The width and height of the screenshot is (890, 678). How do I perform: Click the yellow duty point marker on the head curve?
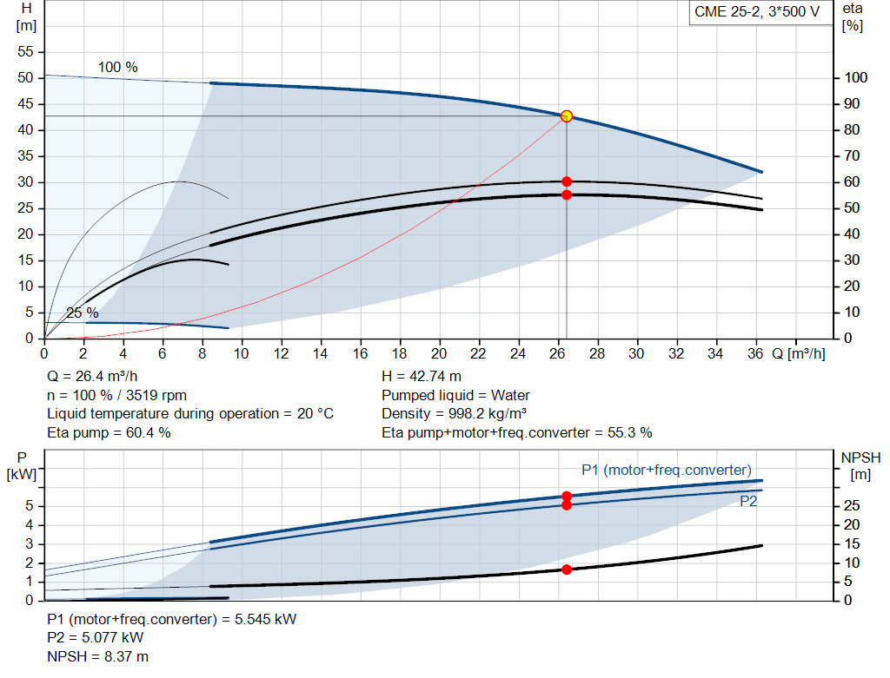[566, 116]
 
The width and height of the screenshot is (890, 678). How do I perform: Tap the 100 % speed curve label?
[117, 67]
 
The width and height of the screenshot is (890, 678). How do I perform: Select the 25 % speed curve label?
[83, 313]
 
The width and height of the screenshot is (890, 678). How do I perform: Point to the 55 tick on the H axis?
[25, 51]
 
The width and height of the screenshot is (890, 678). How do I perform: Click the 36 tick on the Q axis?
[755, 353]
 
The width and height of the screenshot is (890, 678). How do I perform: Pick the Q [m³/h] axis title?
[798, 353]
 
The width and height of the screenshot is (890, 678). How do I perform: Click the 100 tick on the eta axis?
[855, 77]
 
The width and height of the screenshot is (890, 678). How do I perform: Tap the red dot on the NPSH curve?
[567, 569]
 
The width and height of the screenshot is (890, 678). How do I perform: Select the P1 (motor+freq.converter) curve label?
[667, 470]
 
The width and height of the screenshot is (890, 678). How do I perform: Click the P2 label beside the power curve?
[748, 501]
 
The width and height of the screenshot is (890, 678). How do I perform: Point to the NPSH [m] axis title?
[860, 466]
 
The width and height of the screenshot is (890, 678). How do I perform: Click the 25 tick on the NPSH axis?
[852, 505]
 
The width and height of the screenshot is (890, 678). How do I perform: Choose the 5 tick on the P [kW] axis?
[30, 505]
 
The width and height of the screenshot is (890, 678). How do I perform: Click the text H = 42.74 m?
[422, 377]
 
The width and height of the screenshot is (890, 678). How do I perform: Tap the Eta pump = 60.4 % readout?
[109, 433]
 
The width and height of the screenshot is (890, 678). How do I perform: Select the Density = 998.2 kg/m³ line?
[454, 414]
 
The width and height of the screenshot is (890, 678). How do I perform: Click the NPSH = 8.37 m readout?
[97, 656]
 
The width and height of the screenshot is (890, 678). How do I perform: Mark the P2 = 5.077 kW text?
[96, 638]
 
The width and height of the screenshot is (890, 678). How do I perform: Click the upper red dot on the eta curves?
[567, 181]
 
